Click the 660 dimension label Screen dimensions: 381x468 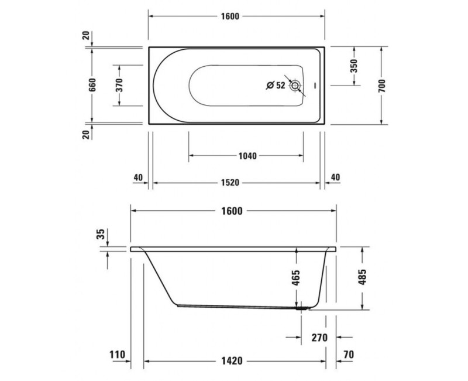[x=92, y=86]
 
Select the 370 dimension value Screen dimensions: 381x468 [x=119, y=86]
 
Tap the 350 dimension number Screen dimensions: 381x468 [x=354, y=66]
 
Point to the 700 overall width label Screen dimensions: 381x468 [x=381, y=86]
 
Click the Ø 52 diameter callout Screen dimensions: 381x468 [x=275, y=86]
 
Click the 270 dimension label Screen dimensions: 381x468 [x=319, y=338]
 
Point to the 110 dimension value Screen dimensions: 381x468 [x=118, y=354]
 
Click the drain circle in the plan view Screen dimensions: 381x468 [x=296, y=86]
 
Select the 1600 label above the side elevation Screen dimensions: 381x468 [x=232, y=211]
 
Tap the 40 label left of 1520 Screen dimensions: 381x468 [x=138, y=177]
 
